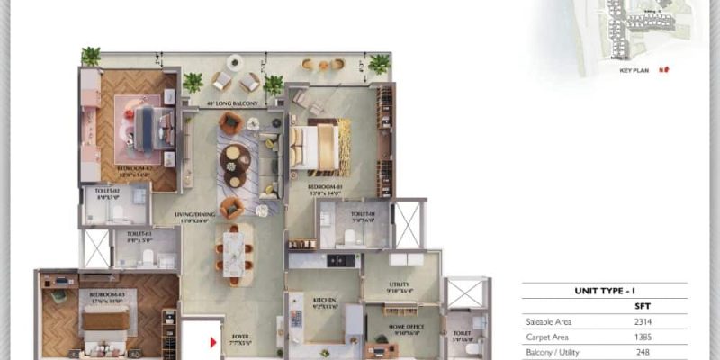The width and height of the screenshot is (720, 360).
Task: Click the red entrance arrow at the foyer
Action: (213, 342)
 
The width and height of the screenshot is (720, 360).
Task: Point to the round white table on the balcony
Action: (236, 62)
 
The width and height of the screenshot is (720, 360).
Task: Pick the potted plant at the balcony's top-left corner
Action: (91, 56)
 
